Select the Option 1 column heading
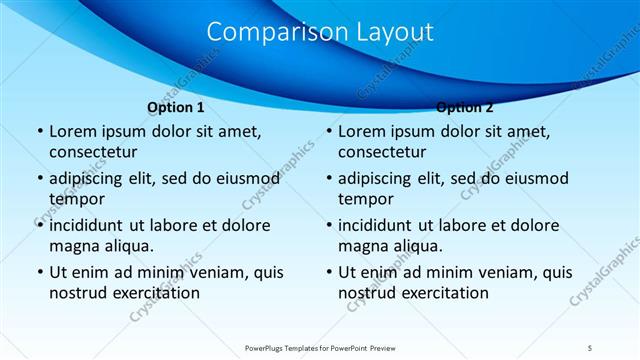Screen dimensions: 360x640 click(176, 107)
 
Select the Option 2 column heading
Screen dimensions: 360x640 click(465, 107)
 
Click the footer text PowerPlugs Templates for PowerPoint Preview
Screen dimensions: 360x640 click(320, 348)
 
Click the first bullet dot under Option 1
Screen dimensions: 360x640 click(39, 132)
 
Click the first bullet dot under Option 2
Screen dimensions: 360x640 click(328, 132)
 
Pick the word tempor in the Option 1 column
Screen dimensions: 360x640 click(76, 199)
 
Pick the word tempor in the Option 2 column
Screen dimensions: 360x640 click(365, 199)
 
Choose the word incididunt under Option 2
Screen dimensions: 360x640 click(381, 225)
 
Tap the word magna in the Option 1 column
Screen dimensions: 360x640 click(74, 246)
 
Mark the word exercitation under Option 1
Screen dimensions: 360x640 click(155, 293)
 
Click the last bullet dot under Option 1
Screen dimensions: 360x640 click(39, 272)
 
